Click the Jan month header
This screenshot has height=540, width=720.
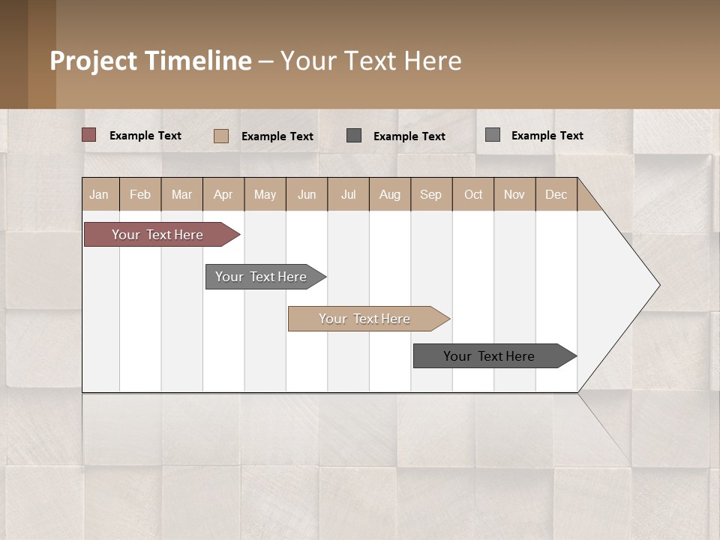pyautogui.click(x=100, y=194)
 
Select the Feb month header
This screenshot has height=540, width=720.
pyautogui.click(x=140, y=194)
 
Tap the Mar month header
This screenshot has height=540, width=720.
pyautogui.click(x=181, y=194)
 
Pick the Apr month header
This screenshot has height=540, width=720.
pyautogui.click(x=223, y=194)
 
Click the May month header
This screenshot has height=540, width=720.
pyautogui.click(x=265, y=194)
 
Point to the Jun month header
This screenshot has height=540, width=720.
pyautogui.click(x=307, y=194)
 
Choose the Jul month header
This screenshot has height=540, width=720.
pyautogui.click(x=348, y=194)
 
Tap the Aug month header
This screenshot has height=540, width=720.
pyautogui.click(x=390, y=194)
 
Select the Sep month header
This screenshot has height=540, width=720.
pyautogui.click(x=431, y=194)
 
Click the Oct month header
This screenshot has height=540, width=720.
pyautogui.click(x=473, y=194)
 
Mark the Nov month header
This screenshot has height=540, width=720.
pyautogui.click(x=514, y=194)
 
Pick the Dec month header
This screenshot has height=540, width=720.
pyautogui.click(x=556, y=194)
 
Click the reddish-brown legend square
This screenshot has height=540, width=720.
pyautogui.click(x=89, y=135)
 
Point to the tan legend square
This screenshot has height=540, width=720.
pyautogui.click(x=221, y=136)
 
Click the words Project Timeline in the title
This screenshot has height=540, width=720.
pyautogui.click(x=151, y=61)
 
